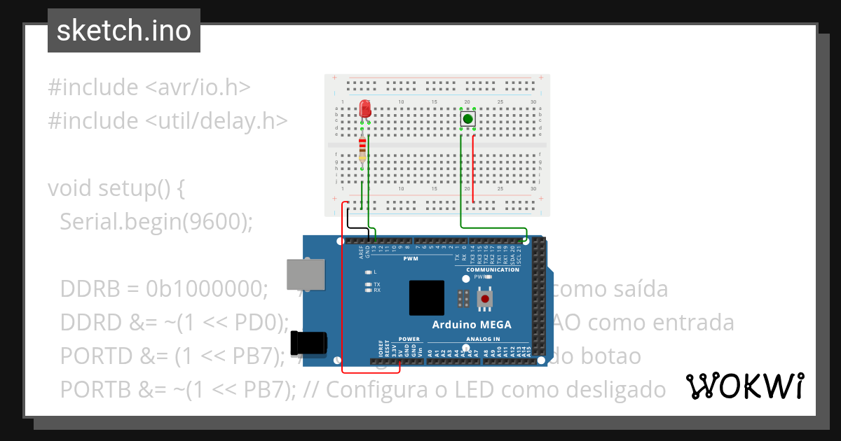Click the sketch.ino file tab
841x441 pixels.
123,31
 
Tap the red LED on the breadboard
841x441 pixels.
364,109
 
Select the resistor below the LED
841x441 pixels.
362,148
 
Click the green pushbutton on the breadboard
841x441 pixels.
467,119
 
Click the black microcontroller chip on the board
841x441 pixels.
427,297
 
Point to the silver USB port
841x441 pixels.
306,274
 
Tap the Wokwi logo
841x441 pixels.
744,386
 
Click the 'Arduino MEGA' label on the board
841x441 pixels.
472,325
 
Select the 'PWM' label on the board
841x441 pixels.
410,258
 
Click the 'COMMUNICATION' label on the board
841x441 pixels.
493,269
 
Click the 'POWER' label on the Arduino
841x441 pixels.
409,339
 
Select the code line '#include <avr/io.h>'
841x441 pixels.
149,87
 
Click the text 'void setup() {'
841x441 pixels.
116,188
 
